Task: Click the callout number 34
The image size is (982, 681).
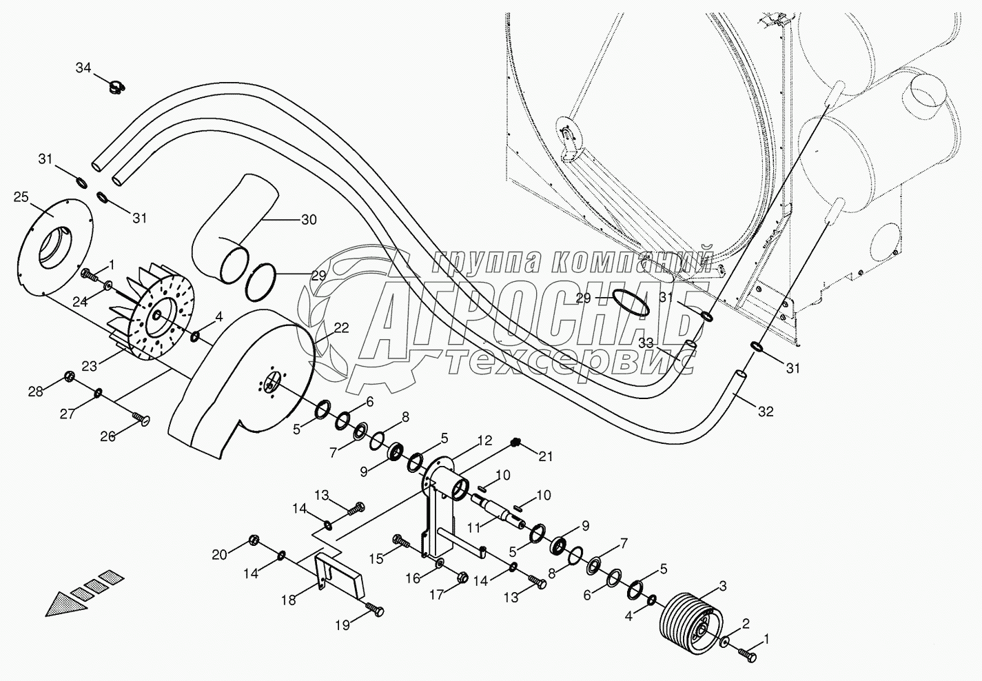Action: (x=83, y=68)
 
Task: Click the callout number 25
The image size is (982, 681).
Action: (x=21, y=198)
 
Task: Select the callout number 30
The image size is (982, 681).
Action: (x=309, y=220)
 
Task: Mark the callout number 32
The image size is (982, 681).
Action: (x=765, y=411)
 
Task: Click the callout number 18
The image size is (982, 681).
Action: (x=289, y=600)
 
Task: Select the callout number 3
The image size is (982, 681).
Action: (x=722, y=587)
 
